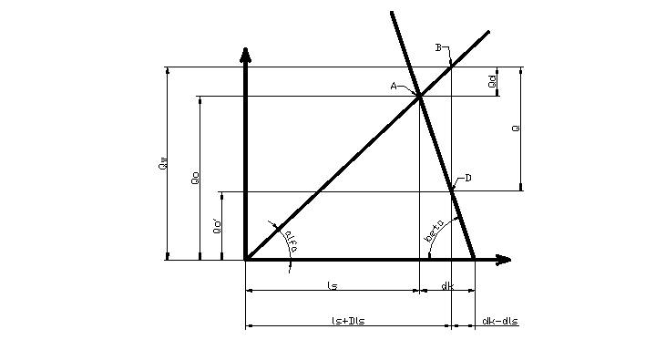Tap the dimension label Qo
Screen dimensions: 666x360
[x=195, y=180]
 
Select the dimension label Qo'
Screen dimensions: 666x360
[x=217, y=227]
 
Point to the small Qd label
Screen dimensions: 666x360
[x=492, y=81]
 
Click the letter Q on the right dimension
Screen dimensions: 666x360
[x=517, y=129]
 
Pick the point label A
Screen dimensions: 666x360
[x=394, y=86]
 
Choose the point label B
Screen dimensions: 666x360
[x=438, y=47]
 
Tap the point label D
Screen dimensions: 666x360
[x=467, y=178]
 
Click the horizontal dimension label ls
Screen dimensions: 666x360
[x=333, y=286]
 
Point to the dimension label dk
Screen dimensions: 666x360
[x=446, y=286]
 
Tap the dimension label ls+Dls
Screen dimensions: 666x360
[x=348, y=321]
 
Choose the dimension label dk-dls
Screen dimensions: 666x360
[x=499, y=321]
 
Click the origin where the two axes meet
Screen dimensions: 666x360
[x=246, y=260]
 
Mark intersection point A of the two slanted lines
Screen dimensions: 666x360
[x=419, y=97]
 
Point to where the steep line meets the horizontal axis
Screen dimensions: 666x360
[x=474, y=260]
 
